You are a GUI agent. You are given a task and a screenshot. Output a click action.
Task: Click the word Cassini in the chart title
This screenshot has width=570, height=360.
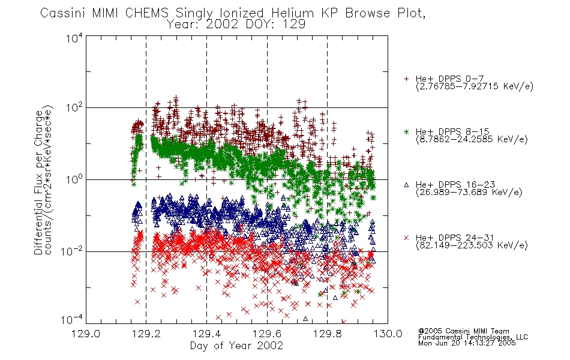click(63, 13)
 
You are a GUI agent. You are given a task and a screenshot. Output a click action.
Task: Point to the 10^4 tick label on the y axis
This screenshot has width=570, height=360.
click(74, 38)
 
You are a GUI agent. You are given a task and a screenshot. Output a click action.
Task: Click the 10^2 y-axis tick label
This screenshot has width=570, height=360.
click(74, 108)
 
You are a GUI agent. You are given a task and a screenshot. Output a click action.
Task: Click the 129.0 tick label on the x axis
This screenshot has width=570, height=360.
click(86, 334)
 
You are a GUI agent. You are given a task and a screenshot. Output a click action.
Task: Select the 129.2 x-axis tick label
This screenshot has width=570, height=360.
click(146, 334)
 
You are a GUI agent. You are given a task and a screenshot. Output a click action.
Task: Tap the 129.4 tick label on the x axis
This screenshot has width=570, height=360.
click(206, 334)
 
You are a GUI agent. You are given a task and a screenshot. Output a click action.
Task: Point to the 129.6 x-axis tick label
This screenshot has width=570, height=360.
click(267, 334)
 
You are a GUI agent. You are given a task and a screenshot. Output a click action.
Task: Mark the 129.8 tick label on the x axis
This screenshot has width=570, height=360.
click(327, 334)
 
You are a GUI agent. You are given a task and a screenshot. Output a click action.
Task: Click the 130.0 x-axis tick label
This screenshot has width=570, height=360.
click(388, 334)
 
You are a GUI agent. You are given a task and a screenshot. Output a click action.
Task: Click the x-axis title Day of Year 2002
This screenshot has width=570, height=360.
click(236, 346)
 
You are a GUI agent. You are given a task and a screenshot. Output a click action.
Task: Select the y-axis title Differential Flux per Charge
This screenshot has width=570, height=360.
click(39, 182)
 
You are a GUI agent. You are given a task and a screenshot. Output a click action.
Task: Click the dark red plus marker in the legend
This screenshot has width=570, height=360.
click(406, 79)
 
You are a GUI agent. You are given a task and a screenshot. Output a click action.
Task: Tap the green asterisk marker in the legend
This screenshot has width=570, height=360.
click(406, 132)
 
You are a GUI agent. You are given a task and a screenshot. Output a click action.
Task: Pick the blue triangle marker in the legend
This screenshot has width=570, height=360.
click(406, 185)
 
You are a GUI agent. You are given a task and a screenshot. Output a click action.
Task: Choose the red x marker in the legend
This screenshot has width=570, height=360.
click(406, 238)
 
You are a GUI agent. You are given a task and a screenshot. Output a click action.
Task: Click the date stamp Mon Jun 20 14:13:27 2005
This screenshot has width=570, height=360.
click(467, 343)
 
